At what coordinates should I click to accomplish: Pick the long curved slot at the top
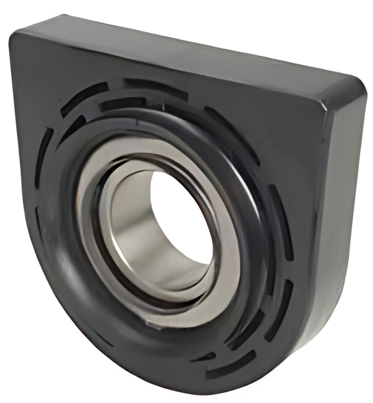[x=155, y=86]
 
